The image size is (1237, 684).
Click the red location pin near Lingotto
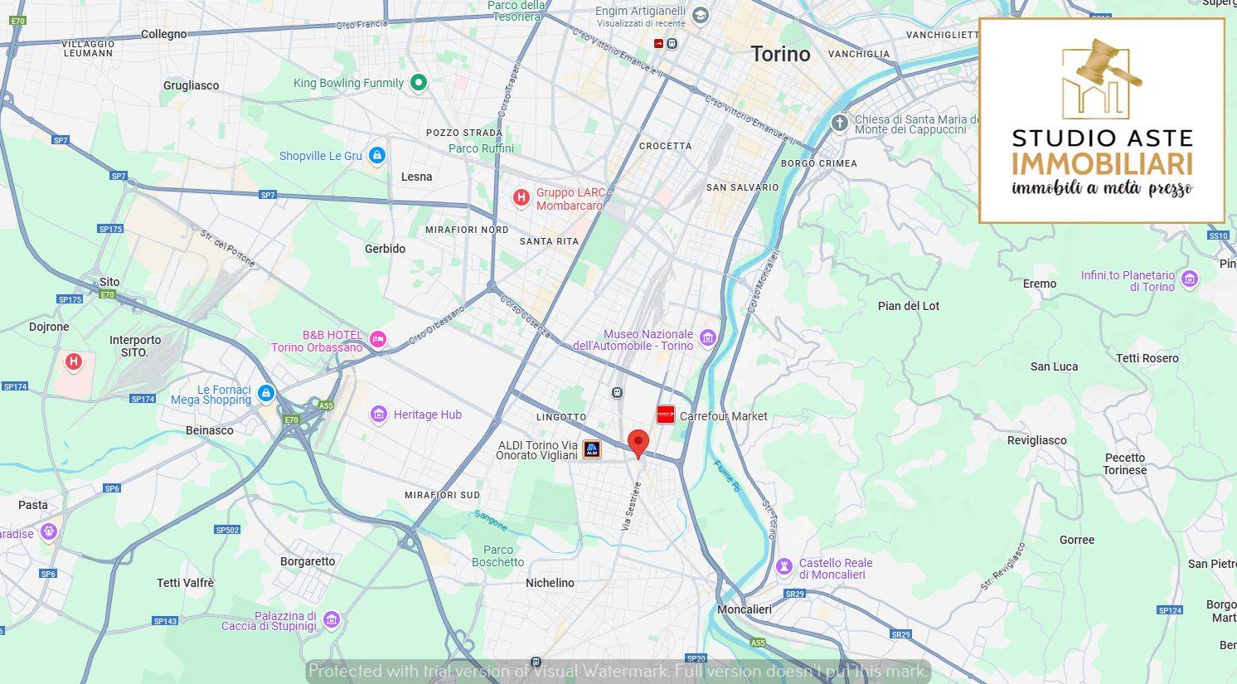(638, 442)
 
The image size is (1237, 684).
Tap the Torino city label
(780, 55)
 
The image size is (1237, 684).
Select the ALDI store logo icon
(592, 449)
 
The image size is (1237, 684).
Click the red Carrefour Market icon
(665, 415)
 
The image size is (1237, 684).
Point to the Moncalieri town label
(744, 609)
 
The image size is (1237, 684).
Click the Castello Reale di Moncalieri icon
(783, 567)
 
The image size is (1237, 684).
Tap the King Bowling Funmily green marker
(419, 82)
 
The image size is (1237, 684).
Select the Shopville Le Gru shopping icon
(377, 155)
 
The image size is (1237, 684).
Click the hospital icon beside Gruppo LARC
(521, 197)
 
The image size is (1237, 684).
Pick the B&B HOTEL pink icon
(378, 338)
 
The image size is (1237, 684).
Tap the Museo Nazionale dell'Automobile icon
(707, 337)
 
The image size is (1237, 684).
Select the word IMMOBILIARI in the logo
(1102, 163)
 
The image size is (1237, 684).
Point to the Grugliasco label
(192, 85)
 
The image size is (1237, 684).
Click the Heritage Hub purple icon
(379, 415)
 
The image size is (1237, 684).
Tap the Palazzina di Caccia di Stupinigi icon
(332, 619)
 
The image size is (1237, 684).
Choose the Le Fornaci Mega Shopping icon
(266, 393)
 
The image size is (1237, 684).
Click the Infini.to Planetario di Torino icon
(1190, 279)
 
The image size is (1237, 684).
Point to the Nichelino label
(550, 583)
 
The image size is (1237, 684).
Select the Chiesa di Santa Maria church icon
(840, 124)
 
